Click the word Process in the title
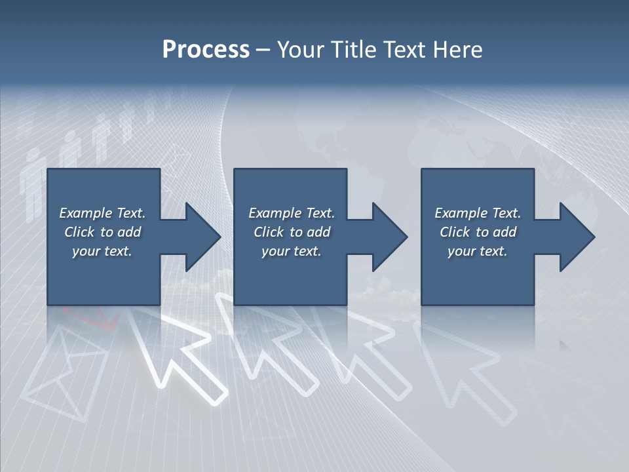click(x=206, y=50)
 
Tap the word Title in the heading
click(x=354, y=50)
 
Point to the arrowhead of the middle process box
click(x=389, y=237)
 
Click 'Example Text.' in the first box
click(x=102, y=213)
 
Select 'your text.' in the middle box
click(x=291, y=251)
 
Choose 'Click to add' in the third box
click(x=478, y=232)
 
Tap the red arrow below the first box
click(x=98, y=319)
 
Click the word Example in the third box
click(x=461, y=213)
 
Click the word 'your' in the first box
click(x=86, y=252)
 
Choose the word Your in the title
click(x=299, y=50)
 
